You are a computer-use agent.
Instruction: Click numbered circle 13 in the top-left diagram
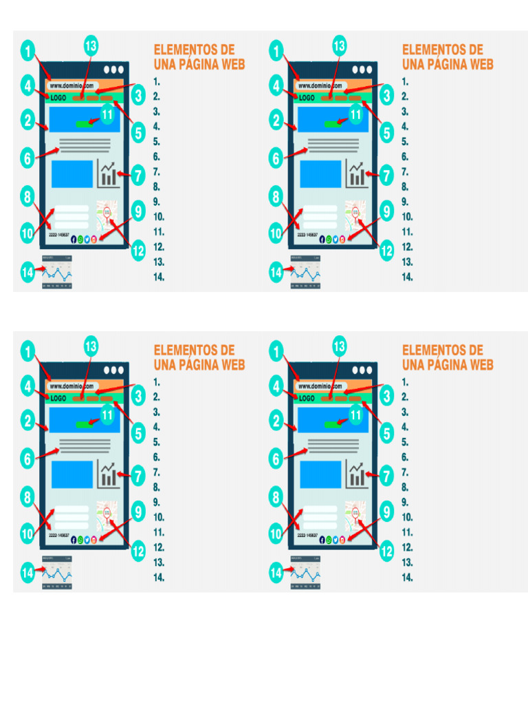(x=91, y=46)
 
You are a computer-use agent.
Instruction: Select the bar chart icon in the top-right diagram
(x=357, y=174)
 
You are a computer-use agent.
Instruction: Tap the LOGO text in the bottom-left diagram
(x=58, y=398)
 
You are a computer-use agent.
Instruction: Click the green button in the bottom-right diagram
(x=333, y=423)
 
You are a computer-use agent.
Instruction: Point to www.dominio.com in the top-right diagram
(x=320, y=86)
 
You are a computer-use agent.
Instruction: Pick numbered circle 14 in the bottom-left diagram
(x=27, y=571)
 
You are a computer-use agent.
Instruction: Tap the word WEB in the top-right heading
(x=478, y=65)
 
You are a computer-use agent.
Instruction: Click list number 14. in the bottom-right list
(x=408, y=578)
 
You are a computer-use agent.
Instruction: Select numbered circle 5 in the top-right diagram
(x=387, y=131)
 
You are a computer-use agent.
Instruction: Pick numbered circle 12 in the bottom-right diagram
(x=387, y=551)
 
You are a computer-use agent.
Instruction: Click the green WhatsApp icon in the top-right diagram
(x=329, y=239)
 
